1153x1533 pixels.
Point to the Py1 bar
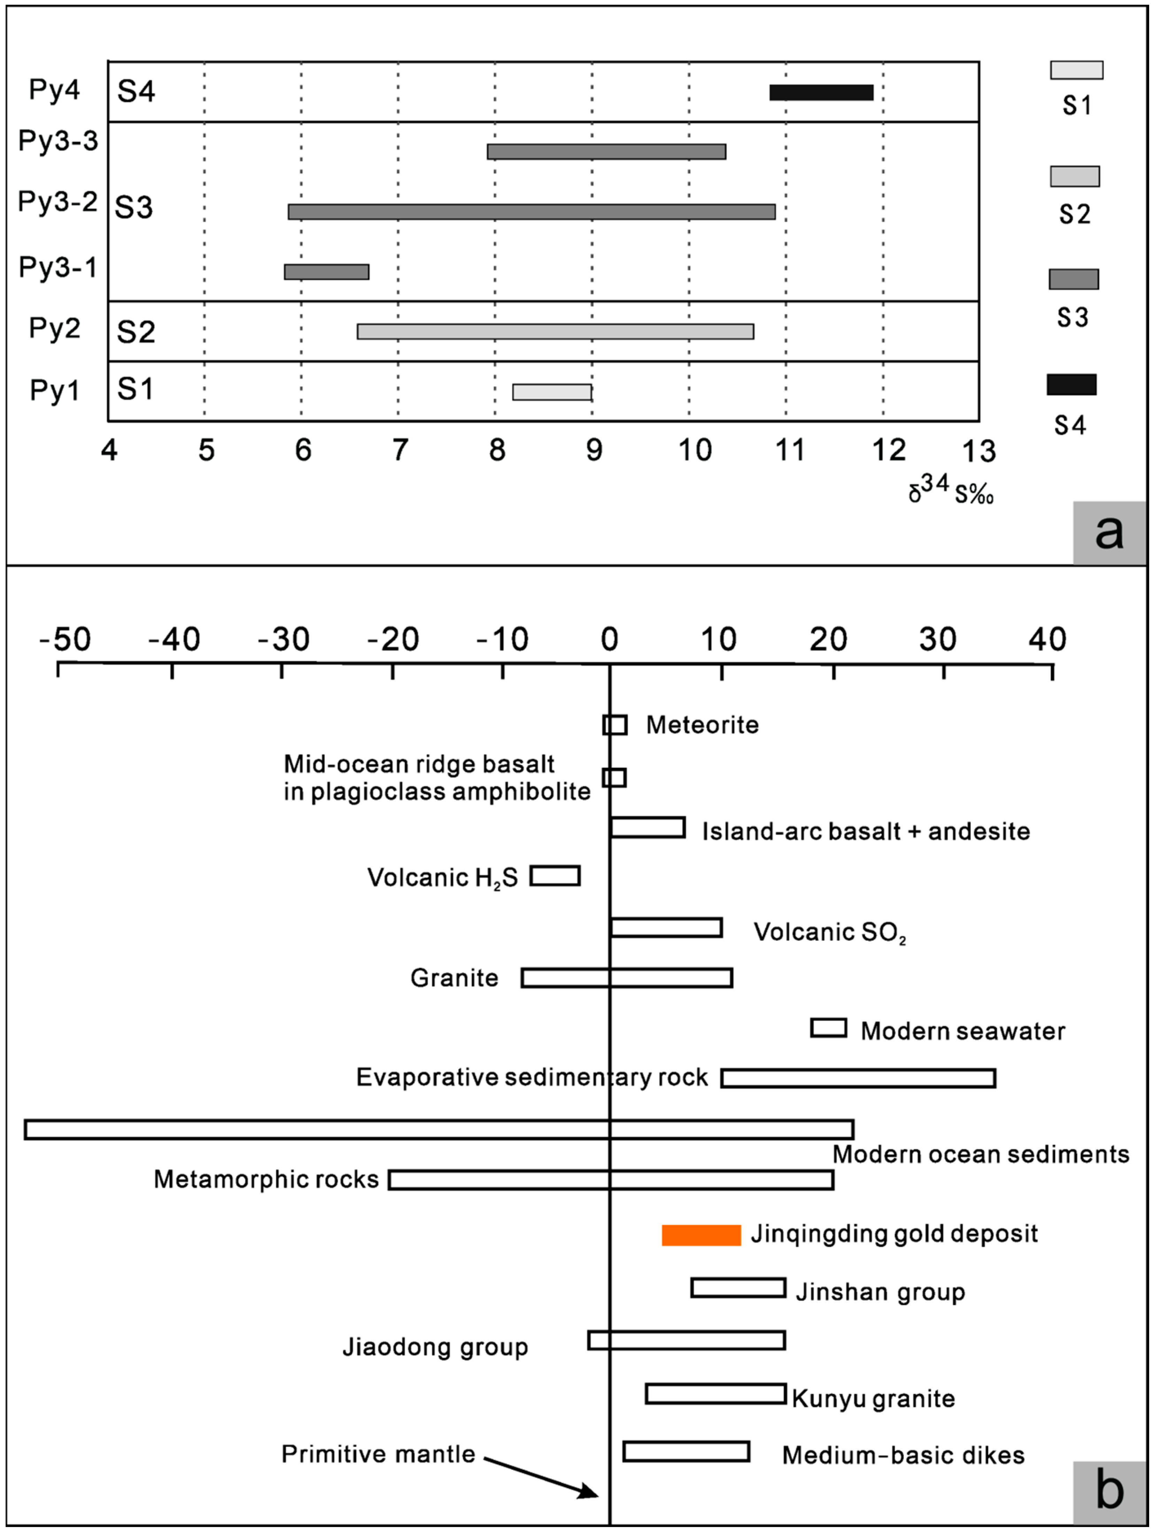pos(552,392)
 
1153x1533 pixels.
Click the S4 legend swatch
pos(1071,385)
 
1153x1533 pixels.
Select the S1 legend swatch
pos(1076,70)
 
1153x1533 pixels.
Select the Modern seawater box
pos(829,1028)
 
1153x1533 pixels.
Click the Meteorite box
pos(615,725)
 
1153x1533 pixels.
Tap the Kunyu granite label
pos(873,1399)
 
